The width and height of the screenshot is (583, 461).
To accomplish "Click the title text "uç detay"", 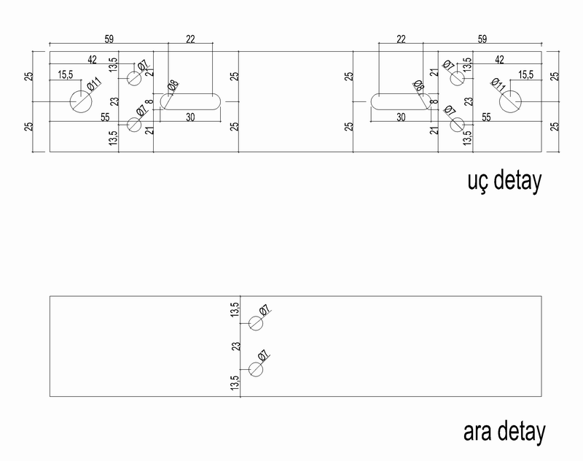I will coord(503,181).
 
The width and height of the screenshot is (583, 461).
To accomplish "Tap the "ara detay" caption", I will coord(504,433).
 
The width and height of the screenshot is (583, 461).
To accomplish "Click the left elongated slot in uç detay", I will coord(192,101).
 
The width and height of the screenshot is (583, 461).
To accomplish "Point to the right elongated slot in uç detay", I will coord(399,101).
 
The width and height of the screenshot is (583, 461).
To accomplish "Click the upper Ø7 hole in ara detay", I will coord(256,323).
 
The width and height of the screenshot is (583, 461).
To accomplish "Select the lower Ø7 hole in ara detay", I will coord(256,369).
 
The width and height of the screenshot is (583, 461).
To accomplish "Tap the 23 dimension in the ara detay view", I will coord(235,346).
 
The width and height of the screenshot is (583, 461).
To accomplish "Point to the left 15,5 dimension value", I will coord(66,74).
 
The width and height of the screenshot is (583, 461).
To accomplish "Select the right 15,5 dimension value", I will coord(525,74).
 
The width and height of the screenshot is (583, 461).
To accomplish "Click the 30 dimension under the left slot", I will coord(189,117).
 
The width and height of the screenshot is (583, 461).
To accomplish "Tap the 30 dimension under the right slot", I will coord(402,117).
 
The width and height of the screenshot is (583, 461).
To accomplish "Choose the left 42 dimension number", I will coord(93,59).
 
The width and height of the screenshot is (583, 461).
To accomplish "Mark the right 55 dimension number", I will coord(486,117).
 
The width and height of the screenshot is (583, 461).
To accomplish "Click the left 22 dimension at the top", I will coord(190,40).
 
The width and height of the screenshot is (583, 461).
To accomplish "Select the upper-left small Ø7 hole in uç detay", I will coord(133,78).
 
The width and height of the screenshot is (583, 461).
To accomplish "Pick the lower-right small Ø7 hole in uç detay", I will coord(458,124).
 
